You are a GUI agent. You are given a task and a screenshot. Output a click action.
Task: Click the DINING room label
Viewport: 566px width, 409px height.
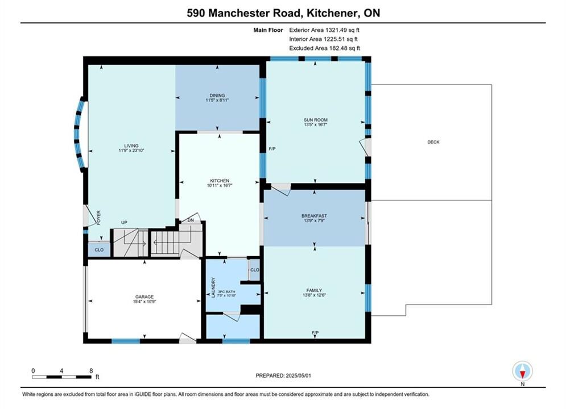pyautogui.click(x=217, y=95)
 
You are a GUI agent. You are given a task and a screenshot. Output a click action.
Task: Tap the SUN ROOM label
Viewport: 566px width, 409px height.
pyautogui.click(x=316, y=120)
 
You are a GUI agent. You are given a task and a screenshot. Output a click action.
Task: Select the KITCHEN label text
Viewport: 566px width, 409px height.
pyautogui.click(x=220, y=181)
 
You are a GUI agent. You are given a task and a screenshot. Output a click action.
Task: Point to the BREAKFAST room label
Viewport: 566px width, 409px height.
pyautogui.click(x=315, y=216)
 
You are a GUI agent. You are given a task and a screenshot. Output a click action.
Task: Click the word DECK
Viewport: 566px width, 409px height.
pyautogui.click(x=433, y=142)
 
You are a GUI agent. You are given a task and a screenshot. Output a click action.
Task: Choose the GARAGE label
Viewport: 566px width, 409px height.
pyautogui.click(x=144, y=297)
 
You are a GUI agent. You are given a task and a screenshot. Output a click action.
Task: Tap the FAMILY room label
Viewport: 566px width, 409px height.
pyautogui.click(x=314, y=290)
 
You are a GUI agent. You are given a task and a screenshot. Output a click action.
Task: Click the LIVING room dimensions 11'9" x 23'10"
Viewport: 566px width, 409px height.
pyautogui.click(x=131, y=151)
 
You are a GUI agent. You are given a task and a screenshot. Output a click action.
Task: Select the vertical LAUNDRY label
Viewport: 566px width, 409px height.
pyautogui.click(x=213, y=287)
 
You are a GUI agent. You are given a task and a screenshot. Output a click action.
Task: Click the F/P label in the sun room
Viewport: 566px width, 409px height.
pyautogui.click(x=272, y=148)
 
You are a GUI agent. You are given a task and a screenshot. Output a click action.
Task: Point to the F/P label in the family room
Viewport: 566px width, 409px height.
pyautogui.click(x=315, y=333)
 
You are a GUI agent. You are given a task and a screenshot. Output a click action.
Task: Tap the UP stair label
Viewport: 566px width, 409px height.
pyautogui.click(x=124, y=222)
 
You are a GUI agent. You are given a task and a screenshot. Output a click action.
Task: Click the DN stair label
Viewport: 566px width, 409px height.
pyautogui.click(x=191, y=220)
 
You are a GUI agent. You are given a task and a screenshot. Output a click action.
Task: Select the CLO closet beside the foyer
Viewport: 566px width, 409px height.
pyautogui.click(x=99, y=250)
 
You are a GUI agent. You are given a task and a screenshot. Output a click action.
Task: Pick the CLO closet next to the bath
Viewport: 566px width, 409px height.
pyautogui.click(x=254, y=270)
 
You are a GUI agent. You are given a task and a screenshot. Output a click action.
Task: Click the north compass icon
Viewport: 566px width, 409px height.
pyautogui.click(x=522, y=371)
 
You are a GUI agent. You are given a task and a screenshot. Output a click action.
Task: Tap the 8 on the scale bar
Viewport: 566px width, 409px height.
pyautogui.click(x=91, y=370)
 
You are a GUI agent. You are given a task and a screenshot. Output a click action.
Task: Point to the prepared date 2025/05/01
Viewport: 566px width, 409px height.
pyautogui.click(x=298, y=375)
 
